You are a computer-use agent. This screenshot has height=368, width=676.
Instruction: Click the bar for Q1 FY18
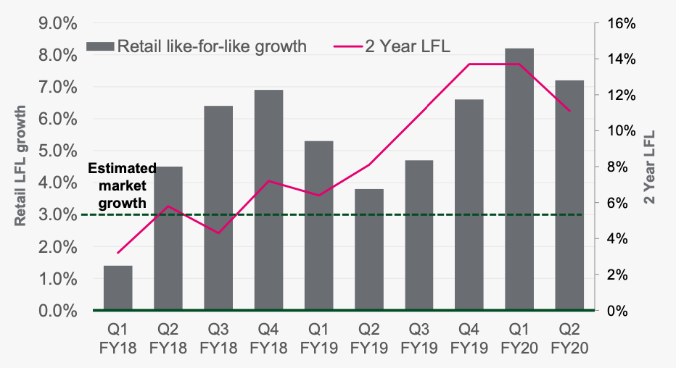pyautogui.click(x=118, y=288)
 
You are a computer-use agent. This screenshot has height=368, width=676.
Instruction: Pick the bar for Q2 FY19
pyautogui.click(x=369, y=249)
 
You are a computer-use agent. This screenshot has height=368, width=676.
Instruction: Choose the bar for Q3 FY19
pyautogui.click(x=419, y=235)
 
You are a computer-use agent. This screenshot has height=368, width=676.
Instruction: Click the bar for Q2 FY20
pyautogui.click(x=570, y=195)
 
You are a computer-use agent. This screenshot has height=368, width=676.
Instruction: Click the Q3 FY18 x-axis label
pyautogui.click(x=218, y=338)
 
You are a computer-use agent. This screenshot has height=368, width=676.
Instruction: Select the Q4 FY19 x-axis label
pyautogui.click(x=470, y=338)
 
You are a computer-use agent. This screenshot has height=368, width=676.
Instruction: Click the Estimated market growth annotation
pyautogui.click(x=122, y=185)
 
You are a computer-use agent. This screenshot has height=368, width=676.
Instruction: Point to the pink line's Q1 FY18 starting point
pyautogui.click(x=118, y=253)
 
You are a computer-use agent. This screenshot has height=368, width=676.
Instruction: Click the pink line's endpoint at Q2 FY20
pyautogui.click(x=570, y=111)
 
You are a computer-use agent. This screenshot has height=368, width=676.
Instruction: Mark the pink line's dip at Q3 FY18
pyautogui.click(x=218, y=233)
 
